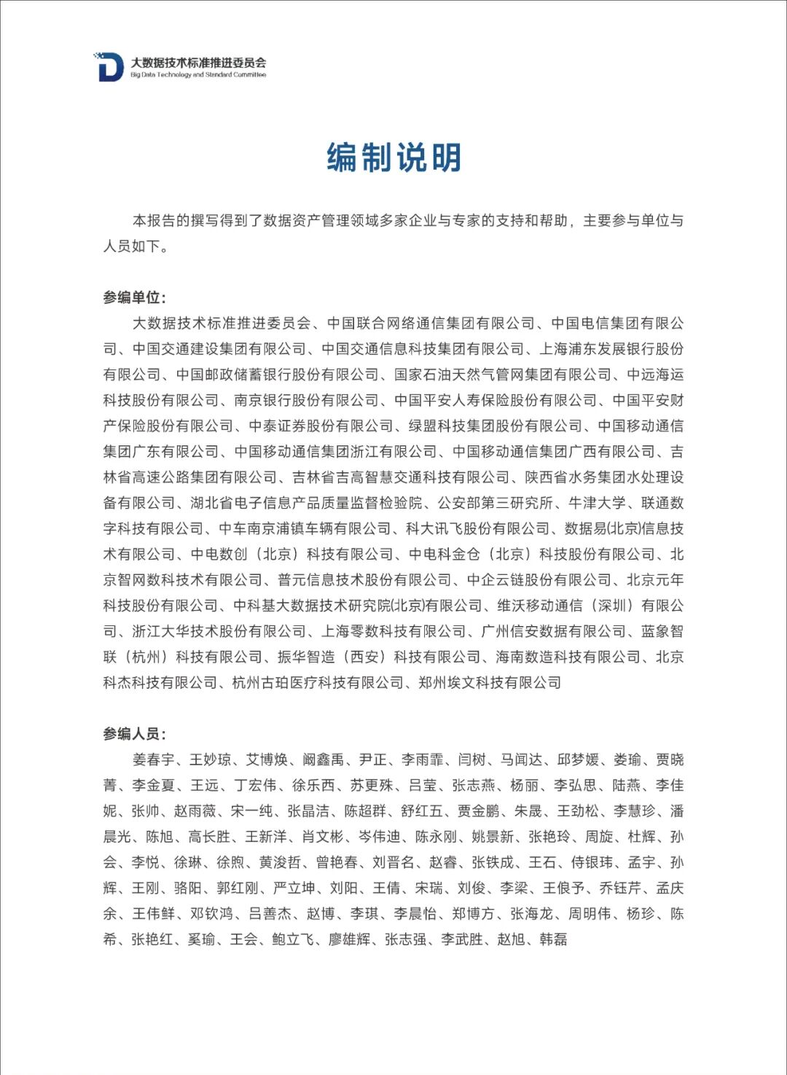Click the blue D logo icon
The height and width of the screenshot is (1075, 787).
110,67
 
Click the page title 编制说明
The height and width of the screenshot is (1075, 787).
393,157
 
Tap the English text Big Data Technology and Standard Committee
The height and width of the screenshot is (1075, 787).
198,75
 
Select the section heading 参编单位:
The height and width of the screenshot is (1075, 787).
135,297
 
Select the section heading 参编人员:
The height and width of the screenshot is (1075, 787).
135,734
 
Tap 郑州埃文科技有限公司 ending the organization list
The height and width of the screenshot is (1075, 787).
490,682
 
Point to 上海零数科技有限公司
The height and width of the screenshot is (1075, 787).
393,631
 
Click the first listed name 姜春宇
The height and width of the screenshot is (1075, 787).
154,759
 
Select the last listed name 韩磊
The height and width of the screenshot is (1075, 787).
553,939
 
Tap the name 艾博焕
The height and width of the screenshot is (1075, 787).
267,759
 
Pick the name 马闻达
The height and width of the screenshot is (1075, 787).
521,759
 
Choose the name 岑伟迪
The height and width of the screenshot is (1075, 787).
380,837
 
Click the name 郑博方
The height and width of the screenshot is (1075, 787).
473,913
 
